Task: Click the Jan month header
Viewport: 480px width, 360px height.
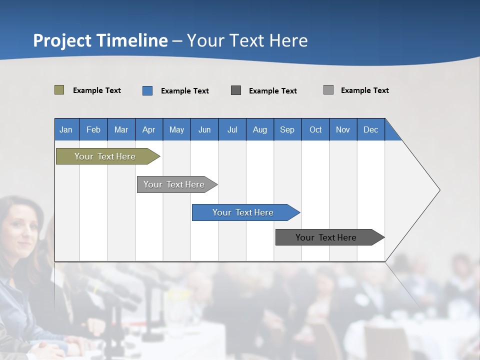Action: tap(66, 129)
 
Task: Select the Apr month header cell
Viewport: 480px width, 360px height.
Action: tap(148, 129)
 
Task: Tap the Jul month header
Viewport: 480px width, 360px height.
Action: tap(232, 129)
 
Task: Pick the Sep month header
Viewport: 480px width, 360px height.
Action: tap(287, 129)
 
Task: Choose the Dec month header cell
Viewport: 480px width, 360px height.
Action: tap(370, 129)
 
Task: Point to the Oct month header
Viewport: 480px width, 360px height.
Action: tap(315, 129)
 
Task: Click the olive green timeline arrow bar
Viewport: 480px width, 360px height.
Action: tap(105, 156)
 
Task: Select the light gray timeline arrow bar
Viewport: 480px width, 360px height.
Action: tap(174, 184)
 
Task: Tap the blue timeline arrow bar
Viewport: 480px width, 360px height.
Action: tap(243, 212)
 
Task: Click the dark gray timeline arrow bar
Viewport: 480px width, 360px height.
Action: tap(326, 237)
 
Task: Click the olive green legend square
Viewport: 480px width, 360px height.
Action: tap(59, 90)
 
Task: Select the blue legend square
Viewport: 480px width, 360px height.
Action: tap(147, 90)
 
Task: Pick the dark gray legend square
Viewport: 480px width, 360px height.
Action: tap(236, 90)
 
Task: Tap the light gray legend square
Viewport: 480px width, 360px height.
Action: tap(328, 90)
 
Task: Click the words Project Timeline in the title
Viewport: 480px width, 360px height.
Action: tap(100, 40)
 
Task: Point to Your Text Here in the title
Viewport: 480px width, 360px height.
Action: tap(247, 40)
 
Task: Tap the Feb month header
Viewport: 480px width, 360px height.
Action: tap(93, 129)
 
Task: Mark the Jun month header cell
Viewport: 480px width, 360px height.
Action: tap(204, 129)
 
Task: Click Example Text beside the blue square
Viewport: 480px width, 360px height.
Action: tap(184, 91)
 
